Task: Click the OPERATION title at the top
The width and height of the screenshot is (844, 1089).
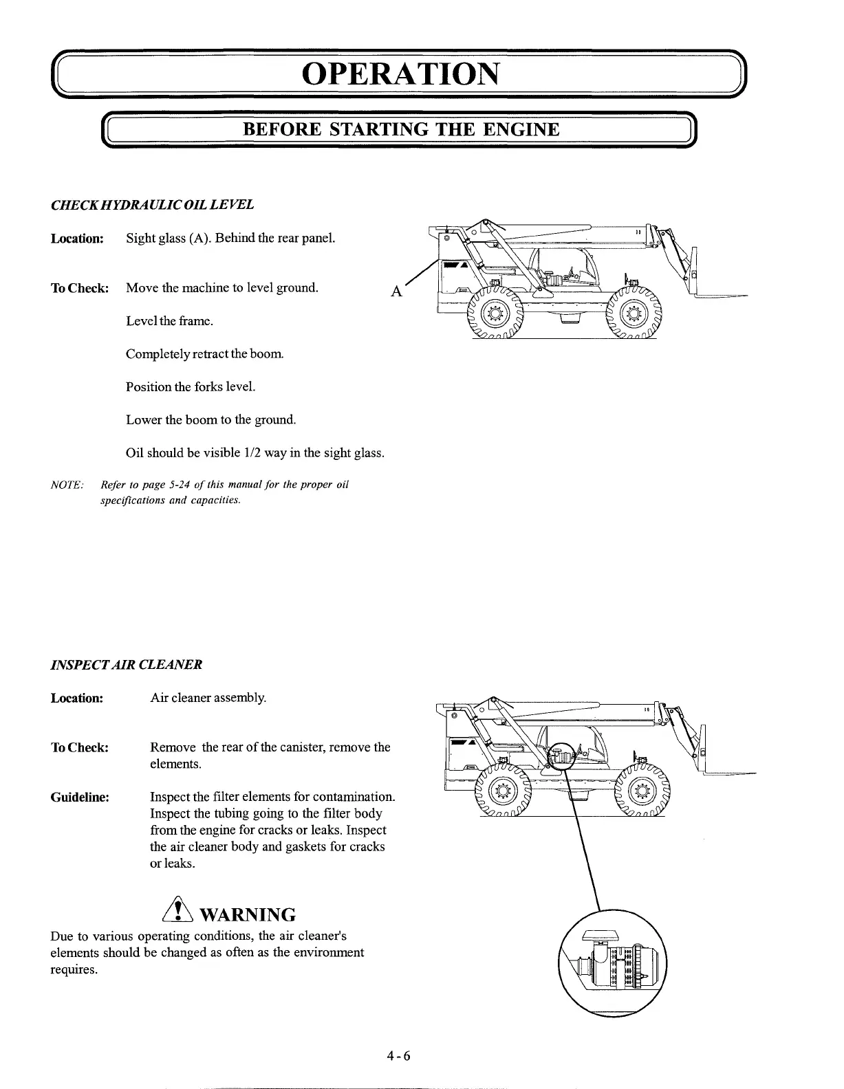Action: coord(399,74)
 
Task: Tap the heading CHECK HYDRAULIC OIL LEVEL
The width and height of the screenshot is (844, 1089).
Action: coord(152,205)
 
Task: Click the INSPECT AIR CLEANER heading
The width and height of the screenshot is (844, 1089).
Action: coord(127,665)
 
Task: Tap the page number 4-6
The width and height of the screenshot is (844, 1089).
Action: coord(398,1056)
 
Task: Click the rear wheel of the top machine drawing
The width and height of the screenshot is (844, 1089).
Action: coord(493,315)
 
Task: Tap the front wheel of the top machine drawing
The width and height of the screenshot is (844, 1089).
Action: coord(633,315)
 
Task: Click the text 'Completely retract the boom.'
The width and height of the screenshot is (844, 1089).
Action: coord(195,354)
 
